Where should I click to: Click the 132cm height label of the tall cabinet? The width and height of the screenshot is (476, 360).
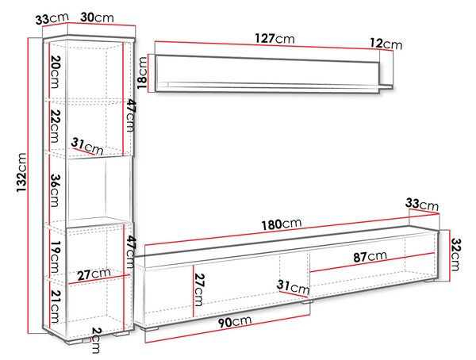[x=22, y=172]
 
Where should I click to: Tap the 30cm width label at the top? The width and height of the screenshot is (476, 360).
[x=97, y=17]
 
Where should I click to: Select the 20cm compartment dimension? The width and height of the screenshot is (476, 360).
[x=55, y=72]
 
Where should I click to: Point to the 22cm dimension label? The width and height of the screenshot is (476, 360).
[x=55, y=126]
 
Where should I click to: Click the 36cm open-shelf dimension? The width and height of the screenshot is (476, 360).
[x=55, y=190]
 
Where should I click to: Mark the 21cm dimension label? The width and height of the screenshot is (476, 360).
[x=55, y=307]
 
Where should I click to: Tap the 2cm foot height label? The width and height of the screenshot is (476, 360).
[x=96, y=340]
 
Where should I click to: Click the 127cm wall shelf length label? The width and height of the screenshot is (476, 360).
[x=274, y=39]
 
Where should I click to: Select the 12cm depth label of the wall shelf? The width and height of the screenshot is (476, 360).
[x=386, y=44]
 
